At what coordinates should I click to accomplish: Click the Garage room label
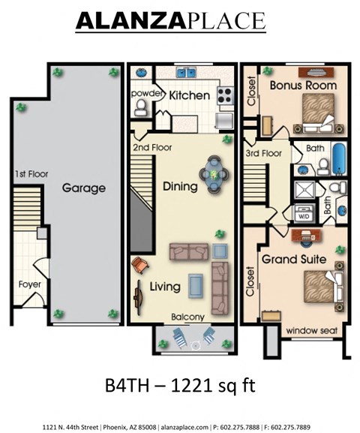click(83, 188)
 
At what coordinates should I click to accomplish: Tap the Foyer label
click(30, 284)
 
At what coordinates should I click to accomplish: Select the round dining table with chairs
click(215, 174)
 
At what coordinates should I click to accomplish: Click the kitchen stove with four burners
click(225, 95)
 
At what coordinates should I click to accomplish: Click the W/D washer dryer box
click(305, 214)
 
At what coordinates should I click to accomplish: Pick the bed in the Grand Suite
click(319, 288)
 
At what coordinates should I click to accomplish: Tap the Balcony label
click(187, 317)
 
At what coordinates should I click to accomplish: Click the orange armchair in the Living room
click(140, 265)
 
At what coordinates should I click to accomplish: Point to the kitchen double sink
click(186, 74)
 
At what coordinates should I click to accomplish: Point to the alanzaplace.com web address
click(186, 425)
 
